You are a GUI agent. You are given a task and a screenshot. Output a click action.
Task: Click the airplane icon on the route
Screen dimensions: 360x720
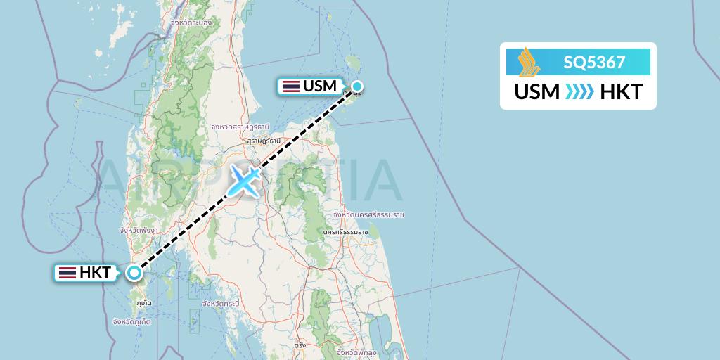243,180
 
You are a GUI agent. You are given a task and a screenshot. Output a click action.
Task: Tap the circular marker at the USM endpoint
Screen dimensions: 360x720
357,87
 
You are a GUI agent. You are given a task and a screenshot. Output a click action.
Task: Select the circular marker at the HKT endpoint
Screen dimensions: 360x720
134,273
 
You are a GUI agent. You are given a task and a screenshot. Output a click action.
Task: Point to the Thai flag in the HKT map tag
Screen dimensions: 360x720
67,273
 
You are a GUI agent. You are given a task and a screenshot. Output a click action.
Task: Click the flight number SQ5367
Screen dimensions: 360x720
594,63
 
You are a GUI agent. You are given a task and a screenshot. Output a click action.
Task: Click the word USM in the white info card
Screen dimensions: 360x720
537,92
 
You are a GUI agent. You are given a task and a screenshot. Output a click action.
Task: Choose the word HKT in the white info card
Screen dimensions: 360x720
621,92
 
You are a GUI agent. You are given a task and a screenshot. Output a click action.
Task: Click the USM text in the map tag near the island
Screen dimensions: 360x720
320,86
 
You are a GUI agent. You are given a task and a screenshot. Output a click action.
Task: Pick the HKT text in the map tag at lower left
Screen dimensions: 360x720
96,273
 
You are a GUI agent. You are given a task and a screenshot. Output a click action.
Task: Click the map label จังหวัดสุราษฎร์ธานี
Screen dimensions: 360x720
240,127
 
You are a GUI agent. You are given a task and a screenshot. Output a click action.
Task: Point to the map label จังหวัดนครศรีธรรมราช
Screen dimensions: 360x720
361,214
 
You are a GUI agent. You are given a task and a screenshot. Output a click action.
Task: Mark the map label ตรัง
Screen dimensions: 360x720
300,345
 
